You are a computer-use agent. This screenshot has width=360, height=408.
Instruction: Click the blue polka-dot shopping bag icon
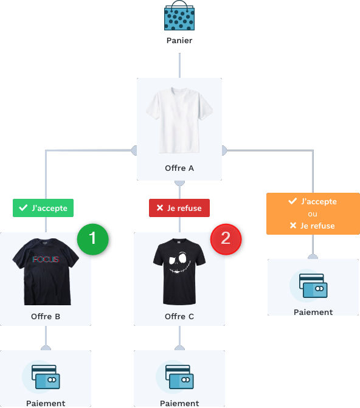tap(179, 16)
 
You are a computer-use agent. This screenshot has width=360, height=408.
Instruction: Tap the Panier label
tap(179, 40)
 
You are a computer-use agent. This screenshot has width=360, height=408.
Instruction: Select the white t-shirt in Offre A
tap(179, 120)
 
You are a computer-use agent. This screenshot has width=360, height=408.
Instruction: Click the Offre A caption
tap(179, 168)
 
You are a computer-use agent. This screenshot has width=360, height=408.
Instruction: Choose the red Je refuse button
tap(179, 208)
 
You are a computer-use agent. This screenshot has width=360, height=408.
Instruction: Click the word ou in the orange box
tap(313, 214)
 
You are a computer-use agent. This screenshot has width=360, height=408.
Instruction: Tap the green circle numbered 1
tap(92, 239)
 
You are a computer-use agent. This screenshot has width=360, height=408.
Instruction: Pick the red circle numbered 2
tap(226, 239)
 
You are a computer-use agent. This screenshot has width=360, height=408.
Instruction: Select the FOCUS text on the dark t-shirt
tap(46, 259)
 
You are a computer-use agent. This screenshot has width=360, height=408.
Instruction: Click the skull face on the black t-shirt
tap(179, 262)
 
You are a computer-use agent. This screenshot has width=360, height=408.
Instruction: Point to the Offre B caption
tap(46, 316)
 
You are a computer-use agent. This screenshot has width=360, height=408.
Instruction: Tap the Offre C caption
tap(179, 316)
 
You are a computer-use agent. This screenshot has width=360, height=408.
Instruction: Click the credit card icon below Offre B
tap(46, 377)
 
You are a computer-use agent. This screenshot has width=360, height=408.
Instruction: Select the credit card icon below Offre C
tap(179, 377)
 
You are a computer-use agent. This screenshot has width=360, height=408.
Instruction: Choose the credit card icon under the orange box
tap(313, 286)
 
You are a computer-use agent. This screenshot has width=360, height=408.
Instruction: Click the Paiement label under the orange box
tap(313, 312)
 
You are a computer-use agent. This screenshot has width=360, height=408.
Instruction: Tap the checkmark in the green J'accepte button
tap(23, 207)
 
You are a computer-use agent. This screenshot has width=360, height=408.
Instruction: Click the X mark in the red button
tap(160, 207)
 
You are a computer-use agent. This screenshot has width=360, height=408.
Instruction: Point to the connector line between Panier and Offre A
tap(179, 65)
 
